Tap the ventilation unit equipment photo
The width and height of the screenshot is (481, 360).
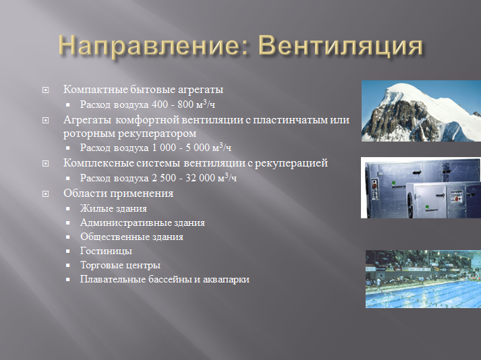(420, 188)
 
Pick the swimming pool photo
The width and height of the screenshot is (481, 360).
(423, 279)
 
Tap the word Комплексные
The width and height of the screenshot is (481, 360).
(98, 163)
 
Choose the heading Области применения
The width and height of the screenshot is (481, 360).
(118, 193)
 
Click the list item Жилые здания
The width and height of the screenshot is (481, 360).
(113, 208)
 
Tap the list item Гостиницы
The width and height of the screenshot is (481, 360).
(106, 251)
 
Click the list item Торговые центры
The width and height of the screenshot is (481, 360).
(120, 265)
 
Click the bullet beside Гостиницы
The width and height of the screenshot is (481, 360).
(69, 251)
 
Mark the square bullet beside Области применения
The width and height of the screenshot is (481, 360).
(46, 194)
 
